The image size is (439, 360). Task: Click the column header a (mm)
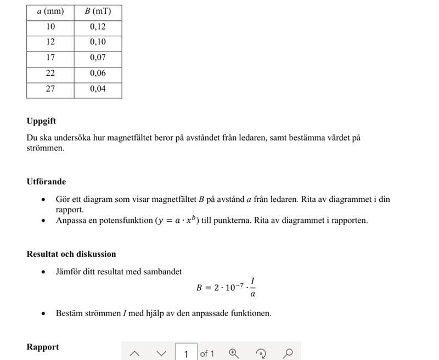coord(50,12)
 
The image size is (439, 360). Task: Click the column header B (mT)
coord(98,12)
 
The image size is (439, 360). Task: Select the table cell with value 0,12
coord(98,27)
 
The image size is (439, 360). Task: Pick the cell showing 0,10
coord(98,42)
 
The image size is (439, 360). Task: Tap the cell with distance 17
coord(50,58)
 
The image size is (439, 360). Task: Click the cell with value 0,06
coord(98,73)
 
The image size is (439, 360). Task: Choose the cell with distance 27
coord(50,88)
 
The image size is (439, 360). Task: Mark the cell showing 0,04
coord(98,88)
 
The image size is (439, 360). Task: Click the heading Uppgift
coord(41,121)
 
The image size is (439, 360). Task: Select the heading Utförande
coord(46,182)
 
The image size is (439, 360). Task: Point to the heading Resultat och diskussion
coord(71,254)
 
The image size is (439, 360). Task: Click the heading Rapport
coord(43,347)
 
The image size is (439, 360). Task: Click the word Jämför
coord(70,271)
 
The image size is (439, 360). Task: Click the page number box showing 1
coord(186,353)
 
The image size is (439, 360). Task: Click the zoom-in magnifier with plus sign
coord(234,353)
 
